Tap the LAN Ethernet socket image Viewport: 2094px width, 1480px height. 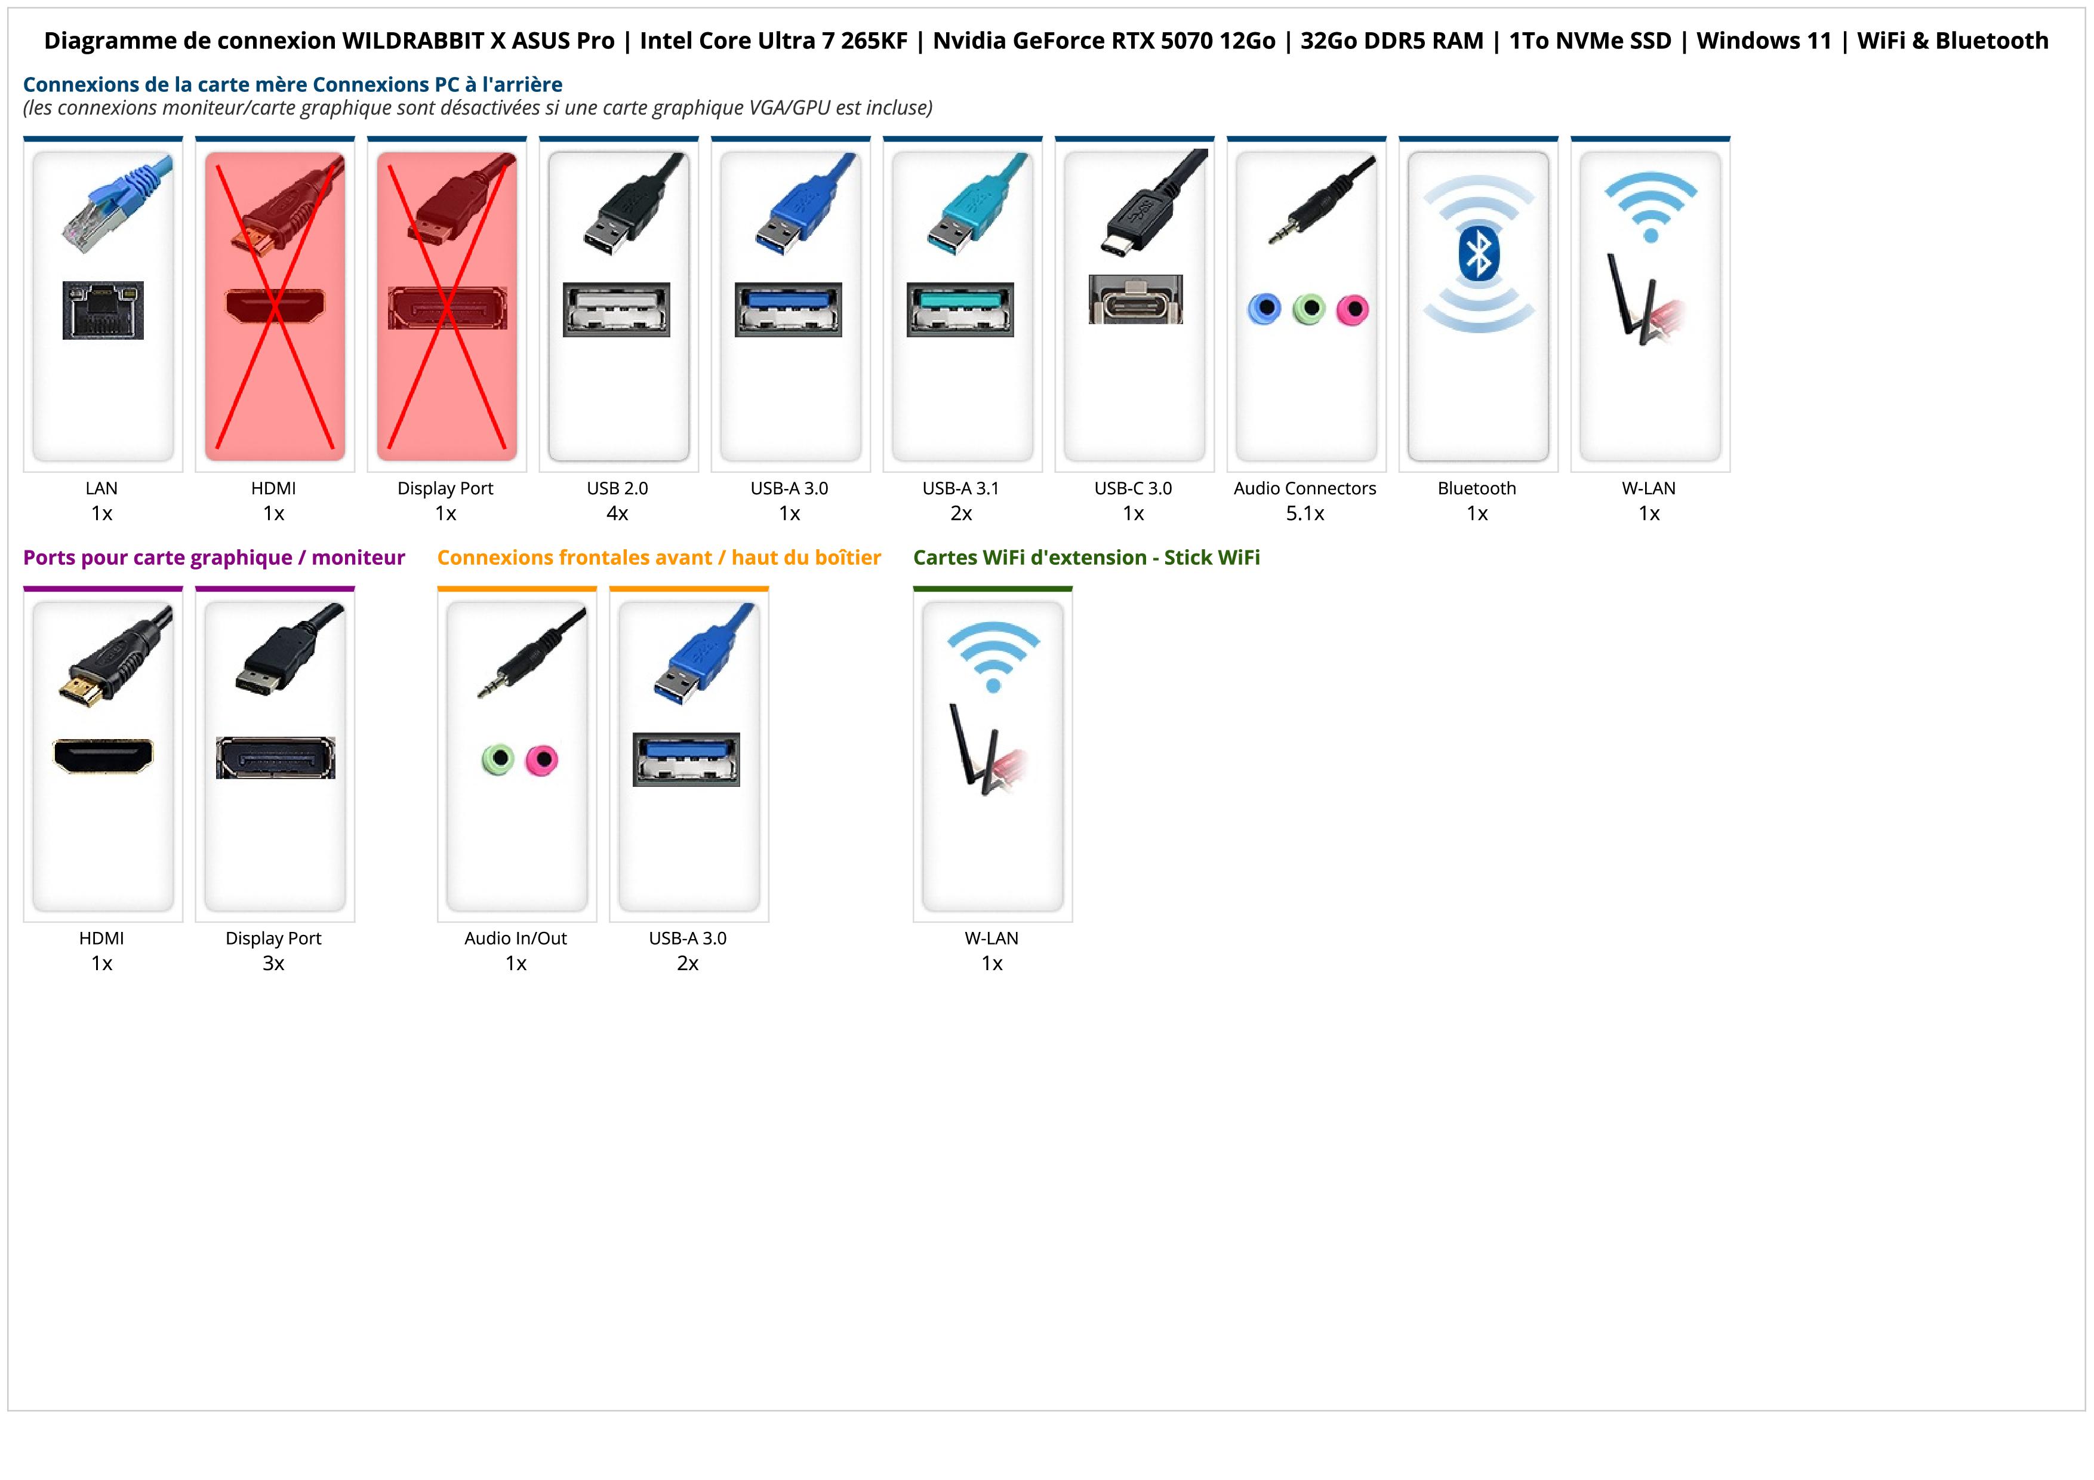[x=103, y=310]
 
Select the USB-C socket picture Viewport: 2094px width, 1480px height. [x=1135, y=299]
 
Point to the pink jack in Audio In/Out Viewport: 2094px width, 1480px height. [x=543, y=759]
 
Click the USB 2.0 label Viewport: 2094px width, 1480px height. [x=617, y=489]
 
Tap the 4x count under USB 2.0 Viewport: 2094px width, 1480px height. [x=617, y=513]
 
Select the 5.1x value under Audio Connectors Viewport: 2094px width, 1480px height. [x=1305, y=513]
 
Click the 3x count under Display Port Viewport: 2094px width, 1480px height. [x=273, y=964]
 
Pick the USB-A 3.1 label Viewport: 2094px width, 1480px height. [x=960, y=489]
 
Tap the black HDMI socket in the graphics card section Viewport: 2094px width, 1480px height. [x=103, y=756]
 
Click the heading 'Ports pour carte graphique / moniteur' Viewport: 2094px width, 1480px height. [x=214, y=558]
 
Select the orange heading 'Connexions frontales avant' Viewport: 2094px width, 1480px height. [x=658, y=558]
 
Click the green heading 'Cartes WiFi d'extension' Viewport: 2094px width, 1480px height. [x=1086, y=558]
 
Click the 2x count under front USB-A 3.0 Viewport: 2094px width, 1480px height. [x=688, y=964]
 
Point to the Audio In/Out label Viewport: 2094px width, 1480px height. [x=515, y=939]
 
